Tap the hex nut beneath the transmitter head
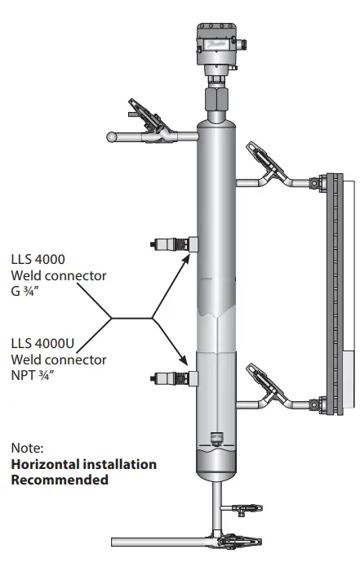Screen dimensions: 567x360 (x=218, y=101)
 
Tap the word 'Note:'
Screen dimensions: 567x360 (x=28, y=448)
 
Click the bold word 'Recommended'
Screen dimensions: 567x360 (x=60, y=480)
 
